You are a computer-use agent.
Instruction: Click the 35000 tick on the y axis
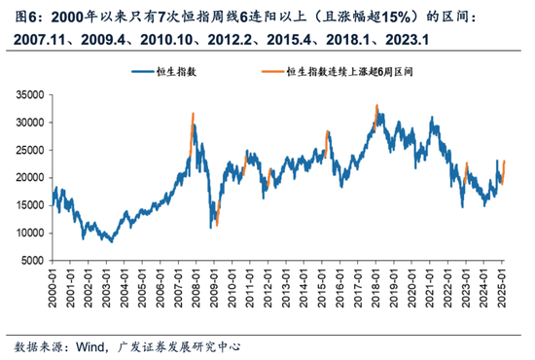click(x=33, y=94)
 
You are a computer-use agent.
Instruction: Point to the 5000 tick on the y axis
click(x=36, y=261)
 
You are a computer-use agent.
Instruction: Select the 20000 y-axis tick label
click(x=33, y=178)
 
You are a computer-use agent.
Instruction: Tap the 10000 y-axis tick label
click(x=33, y=234)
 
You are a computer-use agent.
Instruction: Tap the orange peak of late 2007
click(x=193, y=115)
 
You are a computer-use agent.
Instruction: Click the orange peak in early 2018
click(x=376, y=106)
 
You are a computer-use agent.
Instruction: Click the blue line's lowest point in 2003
click(x=111, y=240)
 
